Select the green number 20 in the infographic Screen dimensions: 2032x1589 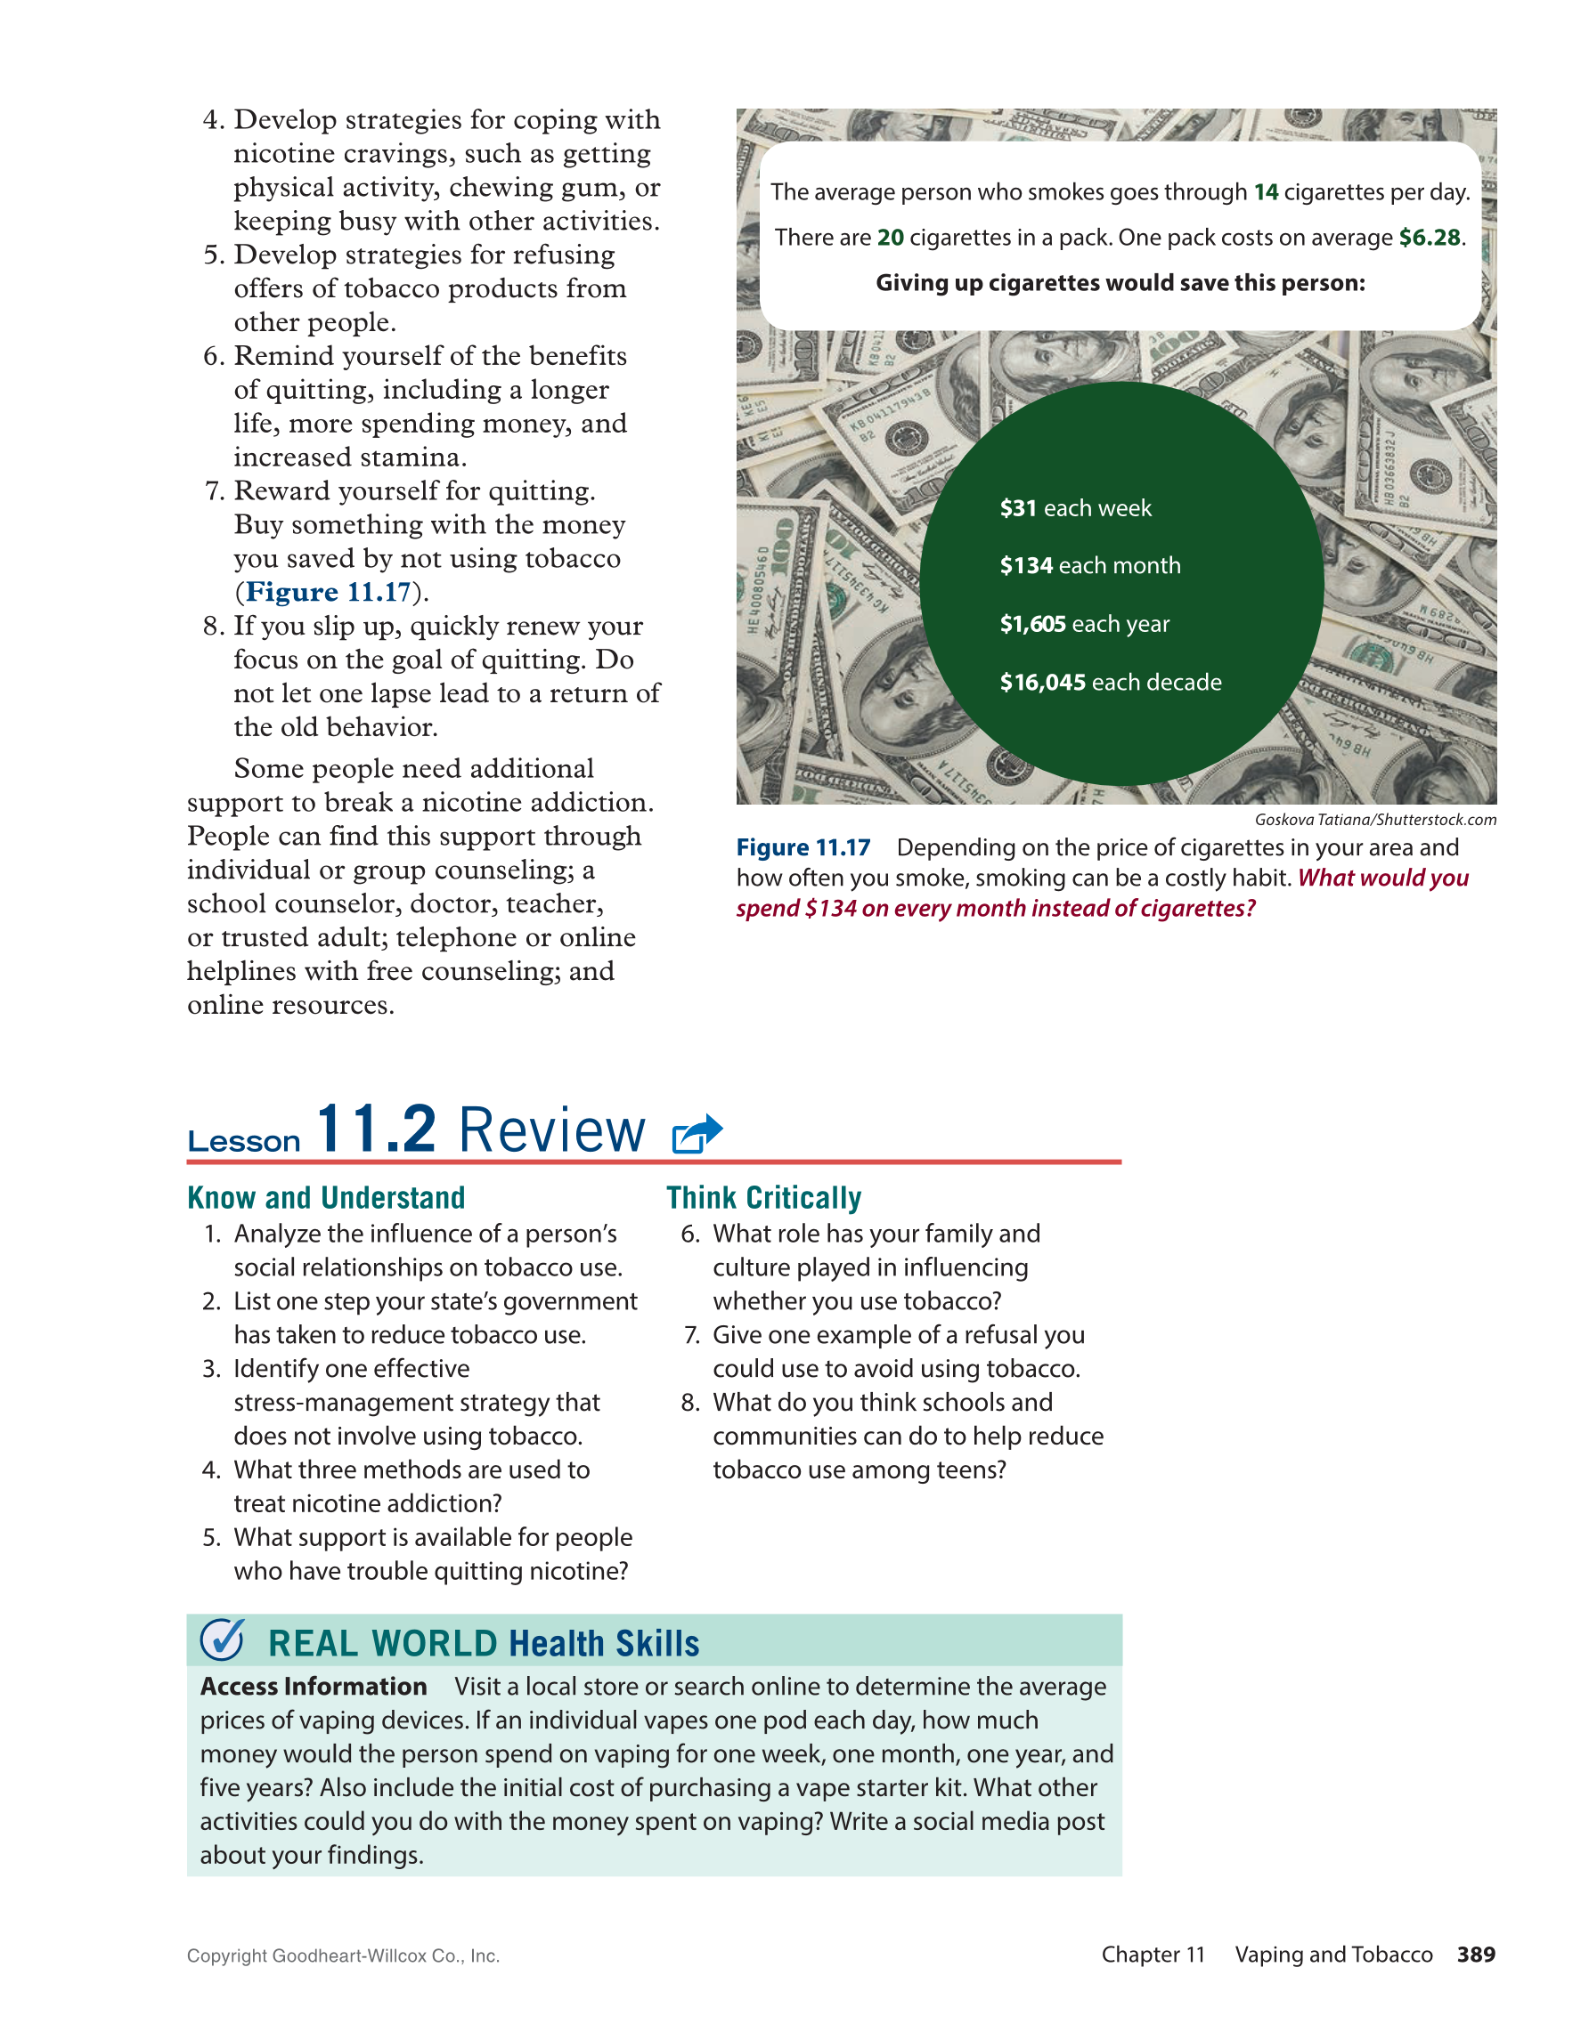(x=890, y=238)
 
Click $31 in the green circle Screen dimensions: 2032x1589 (x=1018, y=508)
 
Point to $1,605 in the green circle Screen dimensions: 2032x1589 (x=1032, y=623)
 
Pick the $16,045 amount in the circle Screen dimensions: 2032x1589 (x=1043, y=682)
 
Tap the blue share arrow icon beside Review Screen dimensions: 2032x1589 (x=697, y=1132)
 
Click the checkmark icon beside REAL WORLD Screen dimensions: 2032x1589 (x=223, y=1640)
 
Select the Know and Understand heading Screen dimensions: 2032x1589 (x=326, y=1197)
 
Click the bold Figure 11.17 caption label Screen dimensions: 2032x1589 (x=803, y=847)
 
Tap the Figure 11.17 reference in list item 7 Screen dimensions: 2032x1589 (x=328, y=592)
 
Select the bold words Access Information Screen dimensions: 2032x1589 (x=313, y=1686)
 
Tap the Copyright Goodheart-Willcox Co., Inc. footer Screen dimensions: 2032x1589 (x=343, y=1955)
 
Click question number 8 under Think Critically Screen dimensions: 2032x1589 (x=689, y=1402)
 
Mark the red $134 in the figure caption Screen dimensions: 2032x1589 (x=830, y=908)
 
